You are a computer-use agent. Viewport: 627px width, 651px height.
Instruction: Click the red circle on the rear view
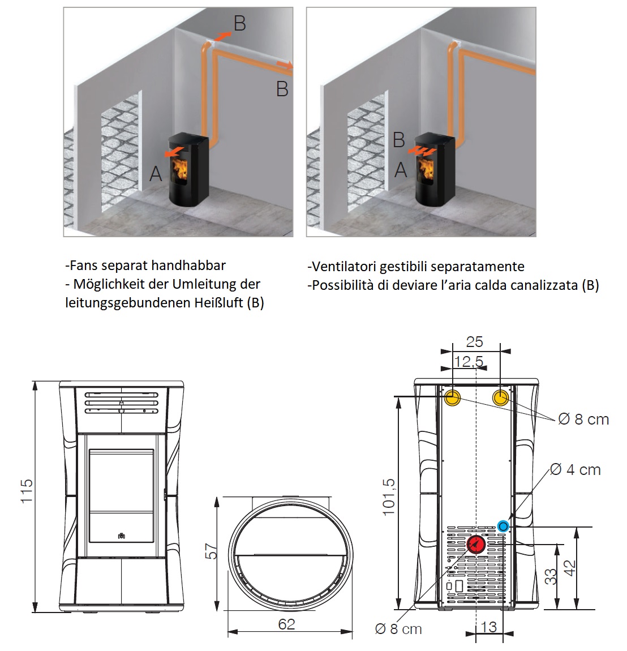click(x=476, y=544)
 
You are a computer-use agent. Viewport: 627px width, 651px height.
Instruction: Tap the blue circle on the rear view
click(x=503, y=526)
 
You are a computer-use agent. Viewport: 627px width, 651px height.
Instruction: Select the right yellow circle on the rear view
click(x=501, y=397)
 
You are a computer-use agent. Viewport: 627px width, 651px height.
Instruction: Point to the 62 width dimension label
click(x=287, y=624)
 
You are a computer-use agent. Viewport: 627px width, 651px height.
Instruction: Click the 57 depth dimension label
click(x=211, y=551)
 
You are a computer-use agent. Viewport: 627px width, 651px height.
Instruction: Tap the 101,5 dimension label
click(x=389, y=497)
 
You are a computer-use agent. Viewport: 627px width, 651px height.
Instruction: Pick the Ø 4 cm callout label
click(x=576, y=470)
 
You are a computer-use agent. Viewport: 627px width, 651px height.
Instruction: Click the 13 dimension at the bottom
click(x=488, y=627)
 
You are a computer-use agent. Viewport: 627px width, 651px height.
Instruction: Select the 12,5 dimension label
click(x=469, y=361)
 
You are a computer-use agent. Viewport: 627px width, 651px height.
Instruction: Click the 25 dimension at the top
click(x=474, y=342)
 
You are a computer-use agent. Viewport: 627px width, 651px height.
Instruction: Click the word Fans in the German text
click(x=83, y=265)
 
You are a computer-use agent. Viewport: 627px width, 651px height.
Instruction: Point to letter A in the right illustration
click(x=401, y=169)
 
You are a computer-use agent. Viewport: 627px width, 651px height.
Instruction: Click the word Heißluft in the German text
click(x=218, y=303)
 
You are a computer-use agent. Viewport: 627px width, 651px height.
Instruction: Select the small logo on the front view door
click(x=121, y=535)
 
